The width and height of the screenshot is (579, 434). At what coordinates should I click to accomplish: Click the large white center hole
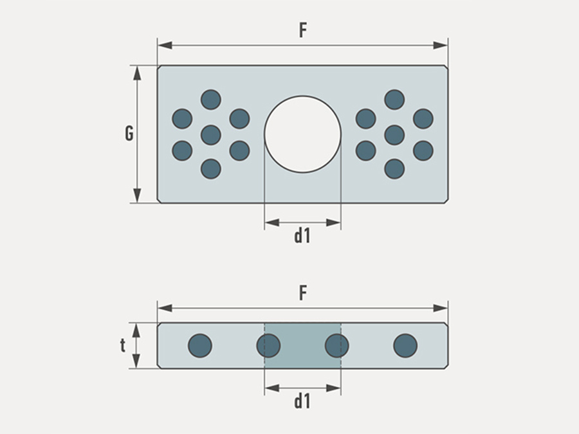coord(303,134)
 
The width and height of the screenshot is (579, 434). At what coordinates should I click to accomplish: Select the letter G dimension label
coord(129,134)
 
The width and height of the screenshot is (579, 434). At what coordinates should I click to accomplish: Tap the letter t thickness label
coord(123,346)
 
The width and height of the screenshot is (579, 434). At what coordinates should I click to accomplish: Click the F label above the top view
coord(303,30)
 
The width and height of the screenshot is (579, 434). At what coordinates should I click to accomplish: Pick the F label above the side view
coord(303,293)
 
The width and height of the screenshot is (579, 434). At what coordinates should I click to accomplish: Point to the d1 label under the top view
coord(302,236)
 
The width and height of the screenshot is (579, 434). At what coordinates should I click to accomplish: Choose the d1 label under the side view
coord(302,401)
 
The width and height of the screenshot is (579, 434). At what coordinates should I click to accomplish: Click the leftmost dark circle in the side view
coord(200,346)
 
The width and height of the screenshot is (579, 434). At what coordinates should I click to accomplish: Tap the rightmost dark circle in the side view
coord(405,346)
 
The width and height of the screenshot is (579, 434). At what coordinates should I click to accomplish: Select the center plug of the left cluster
coord(211,135)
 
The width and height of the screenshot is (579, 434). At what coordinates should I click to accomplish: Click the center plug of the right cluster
coord(394,135)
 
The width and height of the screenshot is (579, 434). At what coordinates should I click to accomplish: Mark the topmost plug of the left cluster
coord(211,100)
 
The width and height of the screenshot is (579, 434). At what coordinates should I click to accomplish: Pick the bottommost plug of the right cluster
coord(394,169)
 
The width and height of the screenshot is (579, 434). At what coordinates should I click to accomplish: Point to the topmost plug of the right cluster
coord(394,100)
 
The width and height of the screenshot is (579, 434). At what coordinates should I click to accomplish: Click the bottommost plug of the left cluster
coord(211,169)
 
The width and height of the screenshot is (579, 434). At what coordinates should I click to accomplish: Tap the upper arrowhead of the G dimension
coord(137,73)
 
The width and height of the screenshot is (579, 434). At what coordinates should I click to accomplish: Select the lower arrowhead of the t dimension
coord(136,361)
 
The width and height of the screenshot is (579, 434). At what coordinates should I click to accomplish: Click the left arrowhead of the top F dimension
coord(165,46)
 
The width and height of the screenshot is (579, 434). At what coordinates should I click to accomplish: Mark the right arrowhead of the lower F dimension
coord(440,308)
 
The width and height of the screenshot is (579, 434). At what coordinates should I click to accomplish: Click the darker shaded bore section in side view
coord(303,346)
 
